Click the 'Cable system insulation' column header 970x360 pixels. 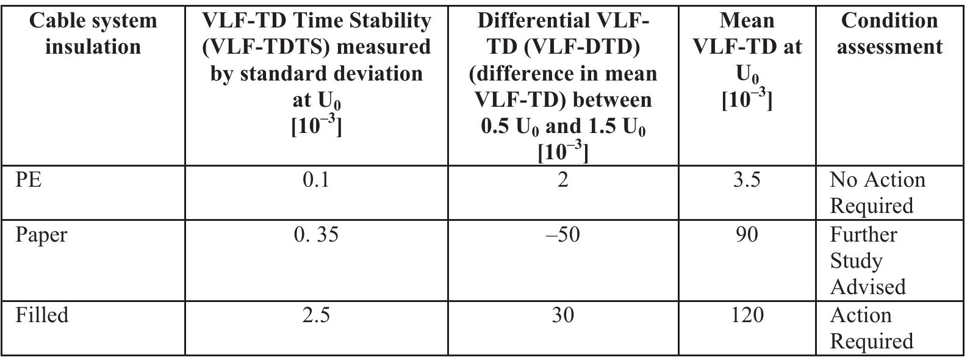93,34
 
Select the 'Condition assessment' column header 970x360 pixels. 889,34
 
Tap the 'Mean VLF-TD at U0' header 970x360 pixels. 747,60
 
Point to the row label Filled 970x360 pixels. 42,315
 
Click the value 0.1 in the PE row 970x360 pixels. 316,181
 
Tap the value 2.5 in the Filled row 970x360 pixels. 316,315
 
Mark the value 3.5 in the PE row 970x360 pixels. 747,181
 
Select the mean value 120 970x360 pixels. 747,315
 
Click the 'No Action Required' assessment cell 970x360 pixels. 877,193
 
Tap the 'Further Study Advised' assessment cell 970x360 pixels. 868,261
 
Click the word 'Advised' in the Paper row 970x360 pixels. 868,287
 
